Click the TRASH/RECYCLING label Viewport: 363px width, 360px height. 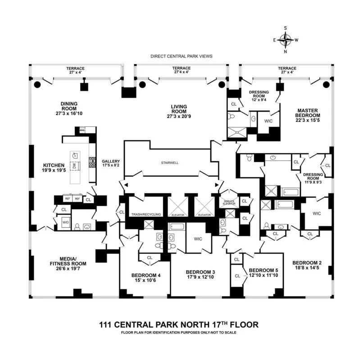pos(145,215)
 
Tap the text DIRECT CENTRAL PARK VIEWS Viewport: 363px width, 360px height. pos(181,56)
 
